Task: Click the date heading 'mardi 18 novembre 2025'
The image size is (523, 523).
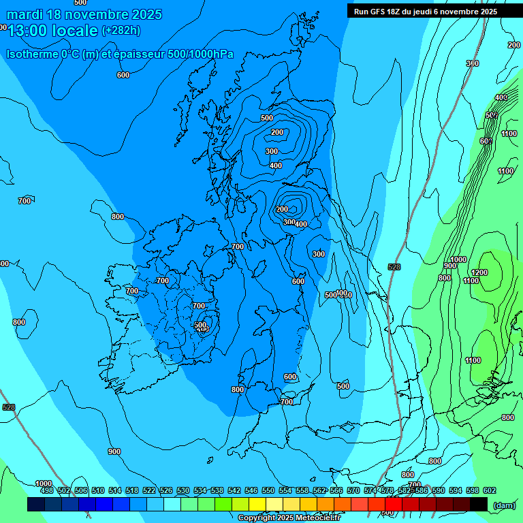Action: (84, 14)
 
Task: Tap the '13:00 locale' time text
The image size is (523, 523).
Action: (53, 31)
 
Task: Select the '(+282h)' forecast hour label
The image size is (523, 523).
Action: (121, 31)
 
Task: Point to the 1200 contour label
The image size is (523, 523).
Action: (479, 272)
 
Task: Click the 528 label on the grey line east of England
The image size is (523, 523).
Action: (394, 267)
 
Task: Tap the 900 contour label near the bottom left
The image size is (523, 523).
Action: (114, 451)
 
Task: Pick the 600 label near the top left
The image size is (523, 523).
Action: (123, 75)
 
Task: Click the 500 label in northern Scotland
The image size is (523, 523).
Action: (267, 118)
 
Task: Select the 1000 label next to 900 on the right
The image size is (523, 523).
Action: (458, 259)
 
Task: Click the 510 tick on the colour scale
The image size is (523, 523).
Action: (98, 490)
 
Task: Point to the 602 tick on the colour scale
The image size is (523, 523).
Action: (489, 490)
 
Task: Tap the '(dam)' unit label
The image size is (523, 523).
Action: (503, 505)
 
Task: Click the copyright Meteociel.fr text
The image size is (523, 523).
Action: (289, 518)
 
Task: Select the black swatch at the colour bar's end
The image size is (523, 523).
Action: (479, 504)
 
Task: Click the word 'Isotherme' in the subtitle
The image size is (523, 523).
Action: (31, 54)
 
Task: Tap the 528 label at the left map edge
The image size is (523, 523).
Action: (8, 407)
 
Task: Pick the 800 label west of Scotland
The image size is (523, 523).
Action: (118, 217)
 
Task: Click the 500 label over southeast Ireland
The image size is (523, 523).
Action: (200, 326)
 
